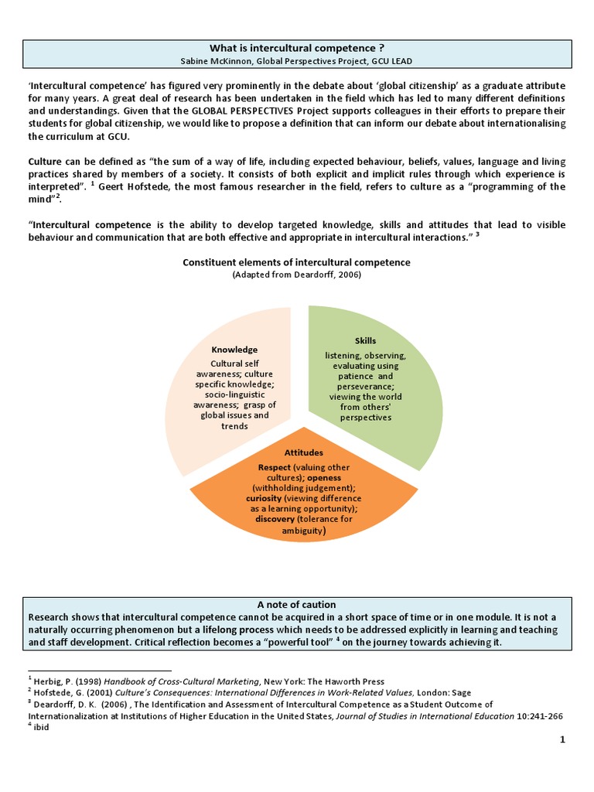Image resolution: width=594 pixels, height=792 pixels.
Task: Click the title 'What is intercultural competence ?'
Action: (x=297, y=48)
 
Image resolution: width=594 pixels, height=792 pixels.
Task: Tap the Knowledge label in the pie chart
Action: (x=234, y=350)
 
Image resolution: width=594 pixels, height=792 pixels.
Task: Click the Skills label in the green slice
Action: (x=365, y=340)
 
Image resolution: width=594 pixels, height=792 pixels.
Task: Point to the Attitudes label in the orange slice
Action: (x=303, y=452)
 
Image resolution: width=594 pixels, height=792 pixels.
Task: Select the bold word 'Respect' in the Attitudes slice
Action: (x=275, y=468)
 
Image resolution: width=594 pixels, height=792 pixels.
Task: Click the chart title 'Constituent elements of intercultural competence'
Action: (x=297, y=262)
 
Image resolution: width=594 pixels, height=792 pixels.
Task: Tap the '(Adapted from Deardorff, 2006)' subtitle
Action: (x=297, y=275)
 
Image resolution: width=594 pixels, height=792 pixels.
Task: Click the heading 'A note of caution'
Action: (x=297, y=604)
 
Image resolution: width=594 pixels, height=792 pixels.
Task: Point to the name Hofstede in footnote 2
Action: (x=52, y=693)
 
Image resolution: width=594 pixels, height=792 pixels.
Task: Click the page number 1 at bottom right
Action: (x=563, y=740)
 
